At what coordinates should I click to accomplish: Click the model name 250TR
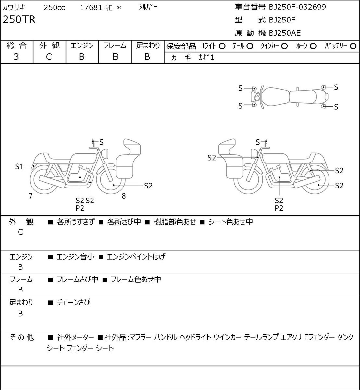click(19, 19)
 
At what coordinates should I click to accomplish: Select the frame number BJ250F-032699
click(297, 7)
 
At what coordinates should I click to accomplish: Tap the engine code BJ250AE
click(285, 33)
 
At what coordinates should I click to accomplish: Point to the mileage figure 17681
click(91, 8)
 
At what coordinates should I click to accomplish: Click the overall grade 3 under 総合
click(16, 57)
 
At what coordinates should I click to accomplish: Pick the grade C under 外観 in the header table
click(49, 57)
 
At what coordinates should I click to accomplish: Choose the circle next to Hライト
click(222, 46)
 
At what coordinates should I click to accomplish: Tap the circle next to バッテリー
click(353, 46)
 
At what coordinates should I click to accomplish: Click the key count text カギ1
click(206, 58)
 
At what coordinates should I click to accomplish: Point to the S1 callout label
click(19, 167)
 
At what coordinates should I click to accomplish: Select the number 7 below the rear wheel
click(31, 196)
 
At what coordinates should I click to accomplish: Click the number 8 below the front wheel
click(124, 196)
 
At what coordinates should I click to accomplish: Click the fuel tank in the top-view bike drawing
click(276, 97)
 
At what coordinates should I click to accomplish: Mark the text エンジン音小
click(76, 257)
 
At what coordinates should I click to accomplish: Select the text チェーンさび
click(74, 302)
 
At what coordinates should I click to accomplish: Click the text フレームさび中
click(77, 279)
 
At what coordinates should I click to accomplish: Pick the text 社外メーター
click(76, 337)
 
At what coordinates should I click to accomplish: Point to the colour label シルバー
click(148, 7)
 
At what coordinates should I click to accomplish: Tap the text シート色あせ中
click(230, 222)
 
